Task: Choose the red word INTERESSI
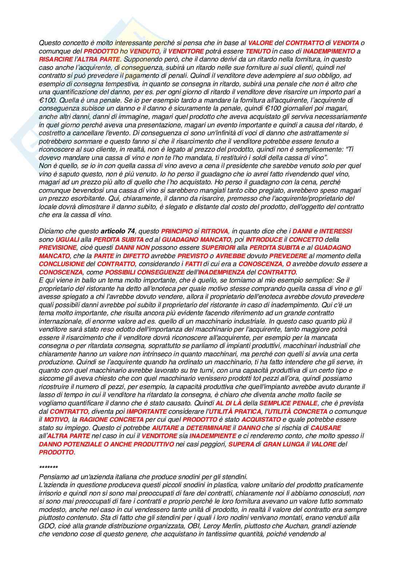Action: [x=335, y=231]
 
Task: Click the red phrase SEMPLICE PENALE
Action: [x=288, y=403]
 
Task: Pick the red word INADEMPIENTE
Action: [x=213, y=436]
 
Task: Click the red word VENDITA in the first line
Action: [x=346, y=43]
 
